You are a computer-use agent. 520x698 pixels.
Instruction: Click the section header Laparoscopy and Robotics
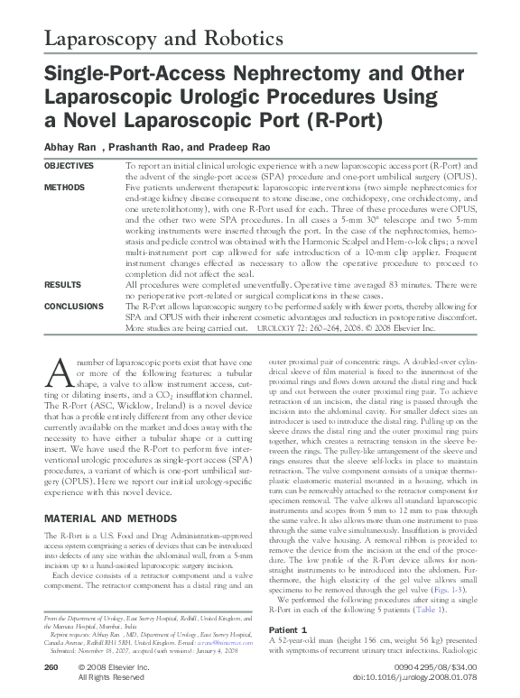[x=153, y=39]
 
